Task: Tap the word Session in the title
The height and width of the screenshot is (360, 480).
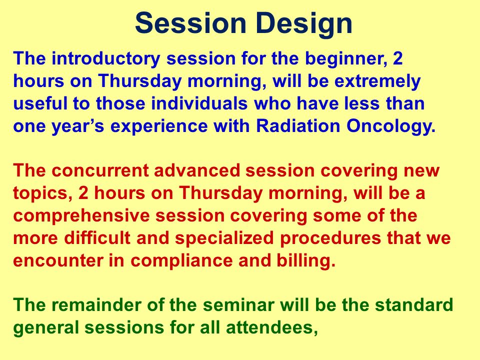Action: (x=190, y=23)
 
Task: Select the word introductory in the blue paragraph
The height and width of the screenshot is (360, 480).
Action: (x=105, y=59)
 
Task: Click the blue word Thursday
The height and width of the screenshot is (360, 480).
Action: (x=140, y=81)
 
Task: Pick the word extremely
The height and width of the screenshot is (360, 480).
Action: (x=377, y=81)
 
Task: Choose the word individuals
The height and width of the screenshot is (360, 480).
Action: (x=199, y=103)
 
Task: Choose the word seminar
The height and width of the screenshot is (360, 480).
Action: (x=238, y=305)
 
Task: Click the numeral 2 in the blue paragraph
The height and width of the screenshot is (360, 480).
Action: (x=397, y=58)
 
